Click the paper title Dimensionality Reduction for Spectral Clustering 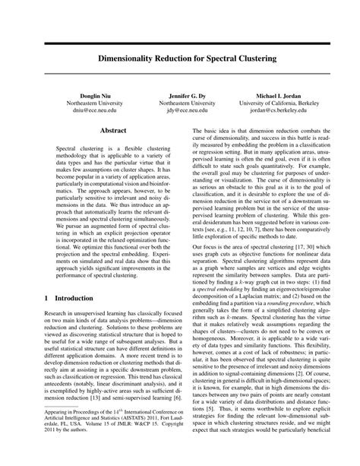(x=180, y=58)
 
